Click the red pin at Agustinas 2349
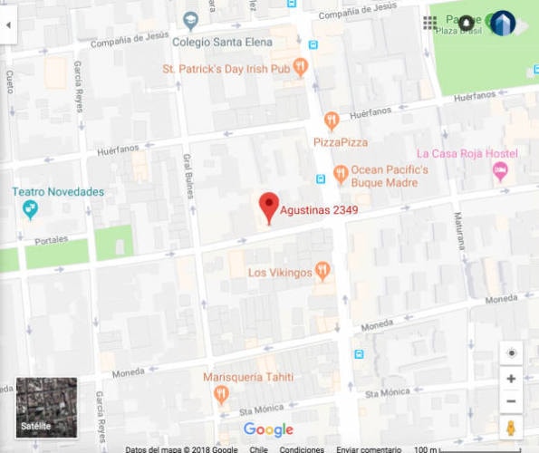[268, 207]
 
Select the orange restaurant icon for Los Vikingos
[322, 271]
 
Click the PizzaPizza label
[341, 142]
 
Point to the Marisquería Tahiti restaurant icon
[221, 394]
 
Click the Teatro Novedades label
[58, 192]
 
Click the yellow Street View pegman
[511, 428]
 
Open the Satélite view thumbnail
[46, 407]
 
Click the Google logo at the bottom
[268, 429]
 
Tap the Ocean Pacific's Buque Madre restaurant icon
[341, 172]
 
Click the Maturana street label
[461, 230]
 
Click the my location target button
[511, 353]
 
